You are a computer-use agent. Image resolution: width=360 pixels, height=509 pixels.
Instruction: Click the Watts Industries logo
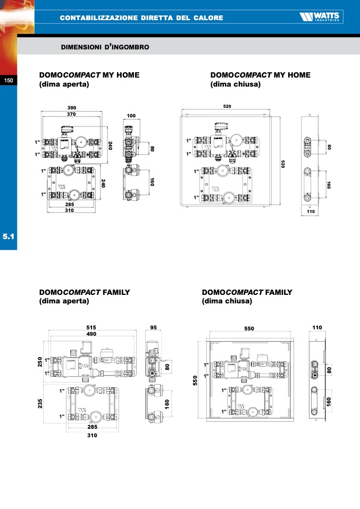[x=321, y=18]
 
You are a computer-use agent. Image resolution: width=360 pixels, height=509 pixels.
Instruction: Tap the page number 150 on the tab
[x=9, y=80]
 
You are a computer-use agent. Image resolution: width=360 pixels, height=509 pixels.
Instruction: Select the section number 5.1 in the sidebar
[x=9, y=237]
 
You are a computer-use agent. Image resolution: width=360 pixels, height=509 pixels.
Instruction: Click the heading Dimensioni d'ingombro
[x=105, y=47]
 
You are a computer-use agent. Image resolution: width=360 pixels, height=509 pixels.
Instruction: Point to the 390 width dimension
[x=71, y=108]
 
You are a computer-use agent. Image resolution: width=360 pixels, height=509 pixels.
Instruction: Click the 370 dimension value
[x=71, y=114]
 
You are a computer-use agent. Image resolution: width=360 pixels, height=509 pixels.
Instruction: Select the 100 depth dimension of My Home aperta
[x=131, y=115]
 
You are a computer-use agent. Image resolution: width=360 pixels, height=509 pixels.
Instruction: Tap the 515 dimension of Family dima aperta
[x=92, y=327]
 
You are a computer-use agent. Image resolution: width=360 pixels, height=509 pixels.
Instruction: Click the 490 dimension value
[x=92, y=334]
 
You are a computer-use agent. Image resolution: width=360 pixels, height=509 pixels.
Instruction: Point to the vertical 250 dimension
[x=39, y=362]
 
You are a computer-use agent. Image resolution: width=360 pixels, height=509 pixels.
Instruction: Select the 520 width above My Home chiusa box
[x=227, y=106]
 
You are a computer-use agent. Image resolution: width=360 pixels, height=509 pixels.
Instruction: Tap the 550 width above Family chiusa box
[x=249, y=328]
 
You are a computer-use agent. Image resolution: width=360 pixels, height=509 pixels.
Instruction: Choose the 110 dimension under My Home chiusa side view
[x=311, y=211]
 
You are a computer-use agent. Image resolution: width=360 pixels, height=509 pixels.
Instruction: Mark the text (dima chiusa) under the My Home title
[x=236, y=84]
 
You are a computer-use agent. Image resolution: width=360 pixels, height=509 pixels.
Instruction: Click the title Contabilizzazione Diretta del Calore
[x=141, y=18]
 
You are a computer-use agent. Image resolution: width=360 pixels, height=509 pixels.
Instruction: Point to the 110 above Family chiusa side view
[x=317, y=328]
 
